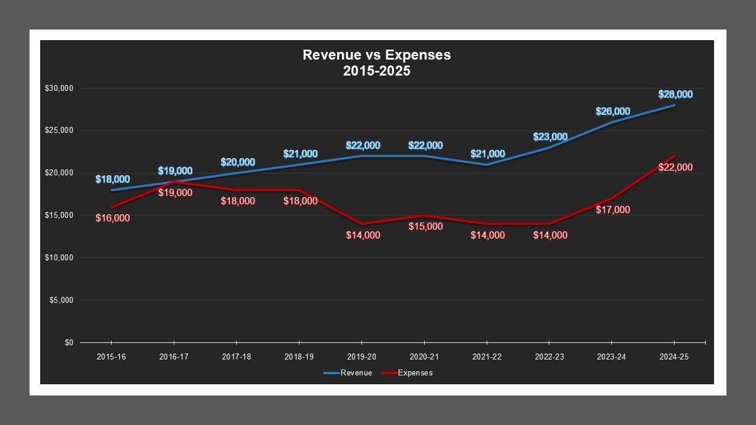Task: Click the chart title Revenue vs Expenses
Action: (x=376, y=55)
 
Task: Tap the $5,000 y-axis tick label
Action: (x=60, y=300)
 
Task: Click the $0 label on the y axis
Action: (x=69, y=343)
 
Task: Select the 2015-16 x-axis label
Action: (x=111, y=357)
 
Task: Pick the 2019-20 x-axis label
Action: (x=361, y=357)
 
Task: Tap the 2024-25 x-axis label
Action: (x=674, y=357)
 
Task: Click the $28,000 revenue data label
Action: (x=676, y=94)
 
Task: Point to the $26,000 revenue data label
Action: (x=612, y=112)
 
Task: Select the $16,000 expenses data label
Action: (x=113, y=218)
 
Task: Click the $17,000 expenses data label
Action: (x=612, y=210)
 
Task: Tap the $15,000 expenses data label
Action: (x=425, y=227)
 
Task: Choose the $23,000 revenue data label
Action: (x=550, y=137)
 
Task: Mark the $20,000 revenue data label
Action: (x=237, y=162)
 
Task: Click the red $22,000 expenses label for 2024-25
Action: (x=676, y=168)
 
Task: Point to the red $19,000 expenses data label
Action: (x=175, y=193)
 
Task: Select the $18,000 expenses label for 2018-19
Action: (x=300, y=201)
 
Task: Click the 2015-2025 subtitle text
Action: (x=376, y=71)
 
